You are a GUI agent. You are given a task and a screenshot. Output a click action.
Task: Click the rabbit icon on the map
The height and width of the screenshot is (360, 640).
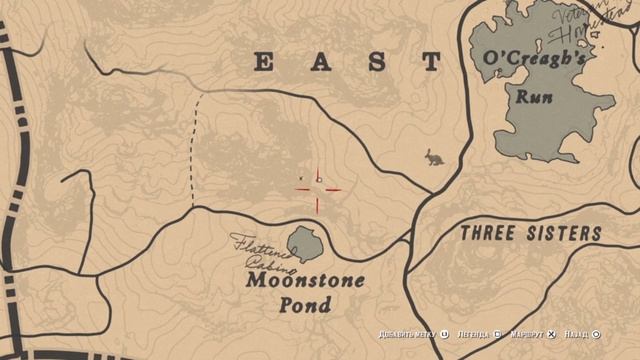click(434, 157)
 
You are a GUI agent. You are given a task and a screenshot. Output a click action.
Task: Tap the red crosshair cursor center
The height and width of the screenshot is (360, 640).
click(318, 189)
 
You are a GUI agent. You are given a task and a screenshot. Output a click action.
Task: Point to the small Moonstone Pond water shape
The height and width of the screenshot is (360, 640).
click(304, 243)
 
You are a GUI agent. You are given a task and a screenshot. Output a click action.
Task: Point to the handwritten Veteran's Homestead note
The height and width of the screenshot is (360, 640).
click(594, 22)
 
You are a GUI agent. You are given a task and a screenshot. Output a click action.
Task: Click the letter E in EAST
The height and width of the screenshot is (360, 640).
click(264, 62)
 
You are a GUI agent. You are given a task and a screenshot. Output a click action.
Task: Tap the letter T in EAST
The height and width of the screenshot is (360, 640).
click(431, 62)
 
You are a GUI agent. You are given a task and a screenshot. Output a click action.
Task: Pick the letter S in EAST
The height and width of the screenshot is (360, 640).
click(376, 62)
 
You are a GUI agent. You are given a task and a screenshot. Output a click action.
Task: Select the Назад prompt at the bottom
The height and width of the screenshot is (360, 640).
click(579, 335)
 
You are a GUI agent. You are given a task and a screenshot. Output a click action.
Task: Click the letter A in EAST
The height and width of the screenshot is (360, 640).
click(320, 62)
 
